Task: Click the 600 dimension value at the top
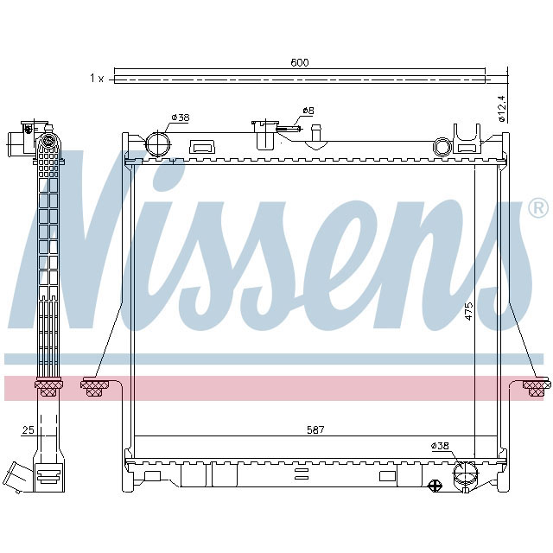click(299, 62)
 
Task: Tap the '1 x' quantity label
click(96, 79)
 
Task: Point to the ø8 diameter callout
click(306, 112)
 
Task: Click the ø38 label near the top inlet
click(180, 118)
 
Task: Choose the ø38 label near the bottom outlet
click(440, 446)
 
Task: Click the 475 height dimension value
click(468, 311)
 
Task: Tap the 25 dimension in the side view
click(27, 429)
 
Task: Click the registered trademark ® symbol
click(537, 208)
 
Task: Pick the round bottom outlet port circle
click(465, 475)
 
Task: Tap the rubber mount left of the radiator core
click(92, 387)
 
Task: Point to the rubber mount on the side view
click(48, 387)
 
